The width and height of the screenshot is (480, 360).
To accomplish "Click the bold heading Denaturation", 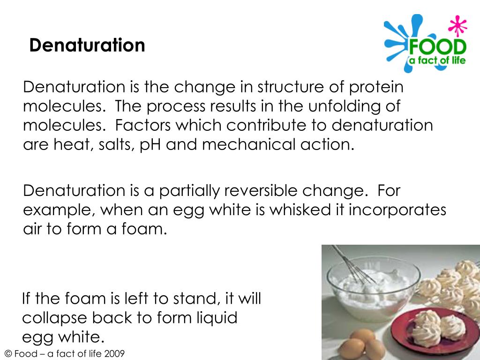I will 87,45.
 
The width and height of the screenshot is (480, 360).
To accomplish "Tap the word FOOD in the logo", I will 437,47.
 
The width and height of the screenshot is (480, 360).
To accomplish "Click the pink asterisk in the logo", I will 455,26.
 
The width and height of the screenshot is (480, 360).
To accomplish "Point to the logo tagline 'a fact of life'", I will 438,60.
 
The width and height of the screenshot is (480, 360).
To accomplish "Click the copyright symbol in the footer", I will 7,354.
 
